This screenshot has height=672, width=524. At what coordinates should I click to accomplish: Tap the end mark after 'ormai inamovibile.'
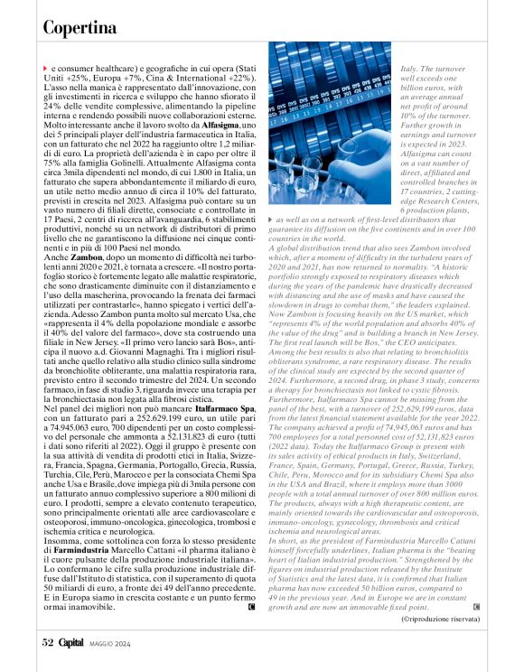point(249,604)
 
